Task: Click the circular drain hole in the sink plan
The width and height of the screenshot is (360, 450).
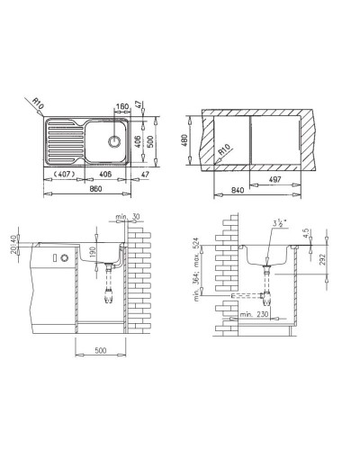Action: [x=114, y=140]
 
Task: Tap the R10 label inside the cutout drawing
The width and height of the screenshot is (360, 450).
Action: [x=222, y=152]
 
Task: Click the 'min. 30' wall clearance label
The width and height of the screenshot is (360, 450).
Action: [x=129, y=216]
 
